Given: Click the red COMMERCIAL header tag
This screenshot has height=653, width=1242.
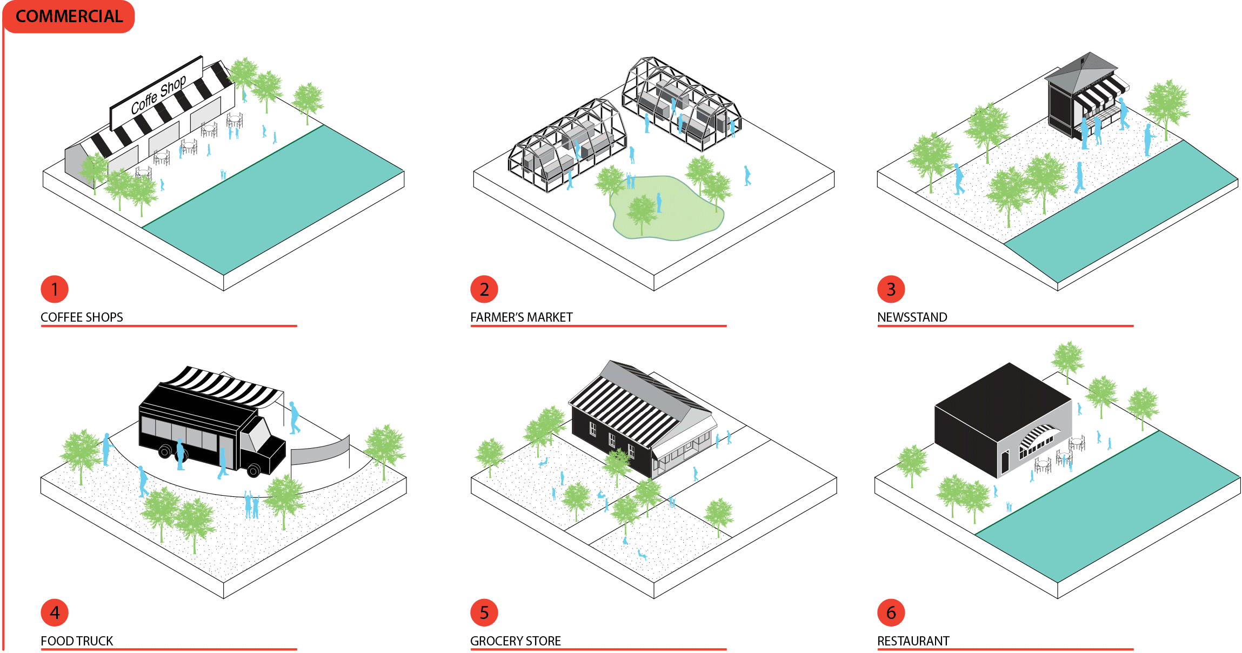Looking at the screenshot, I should (x=69, y=17).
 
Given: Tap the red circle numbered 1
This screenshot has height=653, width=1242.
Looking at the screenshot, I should (x=55, y=289).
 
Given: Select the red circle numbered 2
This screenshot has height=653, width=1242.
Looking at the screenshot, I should (x=484, y=289).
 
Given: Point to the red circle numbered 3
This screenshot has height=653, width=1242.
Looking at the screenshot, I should (x=891, y=289).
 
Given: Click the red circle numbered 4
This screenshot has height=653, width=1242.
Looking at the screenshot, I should (x=55, y=612).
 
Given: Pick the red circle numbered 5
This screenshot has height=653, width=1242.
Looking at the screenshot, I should (x=484, y=612).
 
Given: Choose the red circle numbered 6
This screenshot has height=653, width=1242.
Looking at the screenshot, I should (x=891, y=612).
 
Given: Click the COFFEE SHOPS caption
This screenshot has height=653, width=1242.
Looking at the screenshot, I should (x=82, y=317).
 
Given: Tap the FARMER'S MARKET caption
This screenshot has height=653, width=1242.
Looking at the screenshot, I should (x=521, y=317).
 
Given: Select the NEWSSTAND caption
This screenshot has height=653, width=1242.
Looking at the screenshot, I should (x=912, y=317).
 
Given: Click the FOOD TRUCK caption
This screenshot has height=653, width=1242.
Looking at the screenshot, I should (x=77, y=641).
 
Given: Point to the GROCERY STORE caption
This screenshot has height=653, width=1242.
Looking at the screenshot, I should (x=515, y=641).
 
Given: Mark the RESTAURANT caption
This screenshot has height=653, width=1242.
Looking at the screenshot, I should (x=913, y=641).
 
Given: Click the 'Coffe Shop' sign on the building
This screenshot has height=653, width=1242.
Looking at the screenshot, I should (x=157, y=94).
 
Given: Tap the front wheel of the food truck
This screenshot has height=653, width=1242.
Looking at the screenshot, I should (x=253, y=470).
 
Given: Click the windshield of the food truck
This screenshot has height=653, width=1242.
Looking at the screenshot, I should (x=259, y=435).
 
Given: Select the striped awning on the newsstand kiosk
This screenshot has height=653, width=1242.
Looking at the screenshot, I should (x=1097, y=94).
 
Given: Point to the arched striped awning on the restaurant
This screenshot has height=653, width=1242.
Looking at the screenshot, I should (x=1036, y=435).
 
